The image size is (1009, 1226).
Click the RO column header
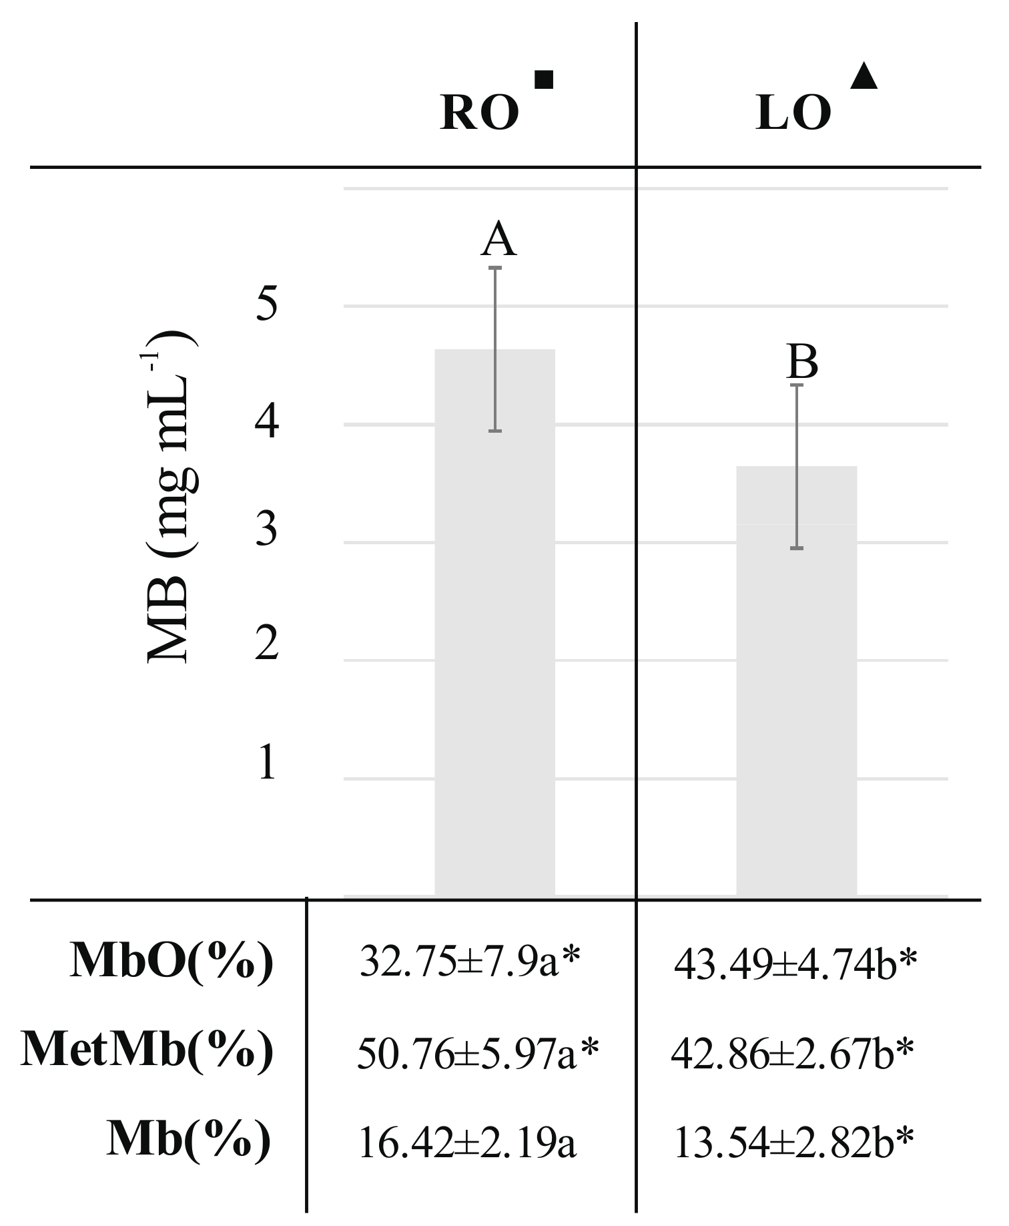[x=479, y=114]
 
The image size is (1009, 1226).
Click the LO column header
[x=793, y=114]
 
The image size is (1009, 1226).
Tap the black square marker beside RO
[x=544, y=79]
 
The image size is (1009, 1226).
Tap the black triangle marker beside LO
[x=864, y=76]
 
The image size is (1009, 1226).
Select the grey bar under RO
[x=494, y=621]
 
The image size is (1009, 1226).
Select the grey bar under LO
[x=796, y=681]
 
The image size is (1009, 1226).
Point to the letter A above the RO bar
[x=498, y=240]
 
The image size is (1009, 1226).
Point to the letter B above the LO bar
[x=802, y=362]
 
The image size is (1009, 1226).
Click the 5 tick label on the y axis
[x=266, y=306]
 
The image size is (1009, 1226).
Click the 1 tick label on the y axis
[x=266, y=763]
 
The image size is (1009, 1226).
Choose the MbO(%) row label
[x=172, y=962]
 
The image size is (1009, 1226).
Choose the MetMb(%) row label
[x=147, y=1050]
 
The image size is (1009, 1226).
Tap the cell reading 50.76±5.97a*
[x=478, y=1054]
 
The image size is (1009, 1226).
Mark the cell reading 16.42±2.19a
[x=467, y=1143]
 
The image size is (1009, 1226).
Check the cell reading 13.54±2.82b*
[x=793, y=1143]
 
